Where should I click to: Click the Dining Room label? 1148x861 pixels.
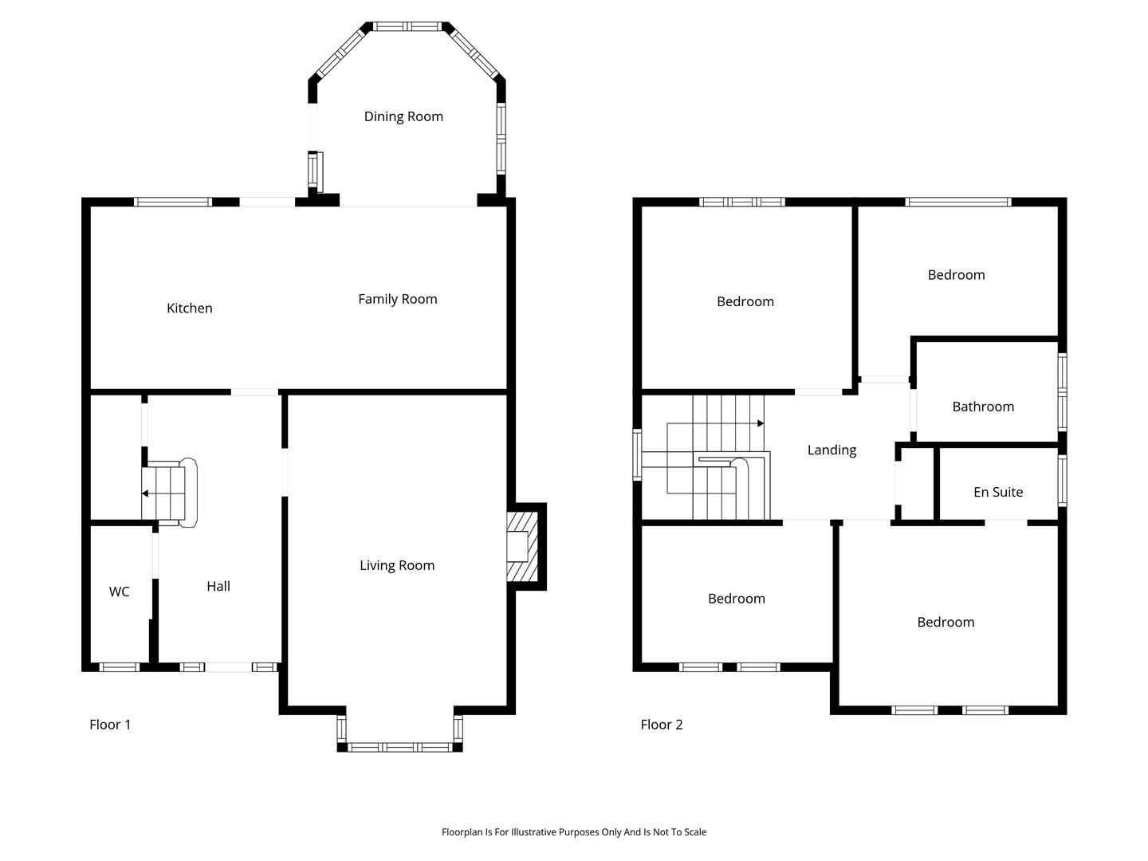pos(403,116)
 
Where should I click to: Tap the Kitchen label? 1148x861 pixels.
pos(189,309)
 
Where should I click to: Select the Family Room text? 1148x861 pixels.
pos(398,300)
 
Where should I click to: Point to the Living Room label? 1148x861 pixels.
pos(397,566)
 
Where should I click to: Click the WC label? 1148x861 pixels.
pos(119,592)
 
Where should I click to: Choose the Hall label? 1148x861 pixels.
pos(218,586)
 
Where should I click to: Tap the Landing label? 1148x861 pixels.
pos(832,450)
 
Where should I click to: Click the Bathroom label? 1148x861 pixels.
pos(983,407)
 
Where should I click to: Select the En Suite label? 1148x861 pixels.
pos(998,492)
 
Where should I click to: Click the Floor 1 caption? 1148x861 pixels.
pos(110,725)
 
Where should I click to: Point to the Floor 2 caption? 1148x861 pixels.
pos(662,725)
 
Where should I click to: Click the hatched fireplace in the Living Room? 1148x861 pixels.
pos(522,546)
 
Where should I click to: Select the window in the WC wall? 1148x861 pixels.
pos(120,667)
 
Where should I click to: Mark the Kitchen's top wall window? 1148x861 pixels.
pos(173,202)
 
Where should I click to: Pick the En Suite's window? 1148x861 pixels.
pos(1062,481)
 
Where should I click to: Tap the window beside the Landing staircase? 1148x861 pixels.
pos(637,454)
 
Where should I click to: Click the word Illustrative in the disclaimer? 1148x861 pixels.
pos(534,832)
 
